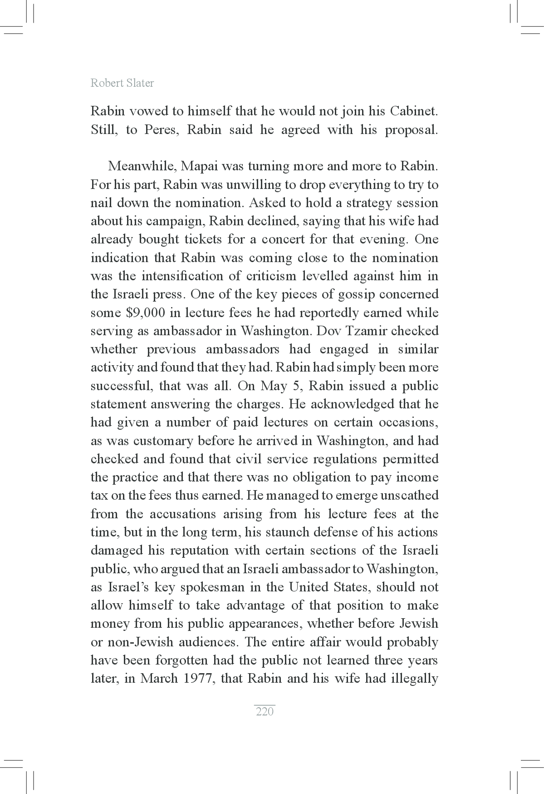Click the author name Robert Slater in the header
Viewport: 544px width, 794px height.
(x=122, y=83)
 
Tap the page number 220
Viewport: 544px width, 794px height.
(x=265, y=711)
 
